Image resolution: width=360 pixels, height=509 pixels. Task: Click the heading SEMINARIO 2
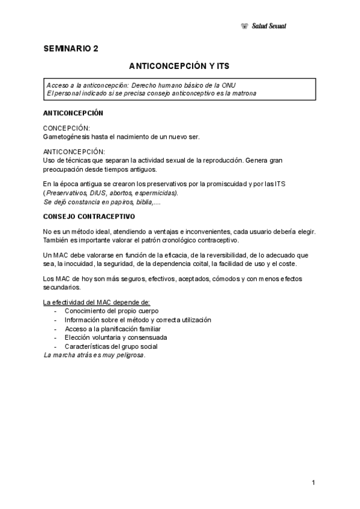pyautogui.click(x=71, y=49)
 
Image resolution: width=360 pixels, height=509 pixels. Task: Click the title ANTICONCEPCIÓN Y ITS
pyautogui.click(x=179, y=65)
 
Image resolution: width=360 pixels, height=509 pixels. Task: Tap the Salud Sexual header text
pyautogui.click(x=269, y=26)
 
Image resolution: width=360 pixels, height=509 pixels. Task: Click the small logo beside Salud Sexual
pyautogui.click(x=244, y=26)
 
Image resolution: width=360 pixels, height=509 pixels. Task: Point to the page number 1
pyautogui.click(x=314, y=483)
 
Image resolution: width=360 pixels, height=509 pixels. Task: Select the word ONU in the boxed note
pyautogui.click(x=236, y=85)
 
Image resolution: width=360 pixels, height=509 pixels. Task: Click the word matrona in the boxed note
pyautogui.click(x=242, y=93)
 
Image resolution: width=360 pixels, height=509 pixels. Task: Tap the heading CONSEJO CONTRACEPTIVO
pyautogui.click(x=89, y=216)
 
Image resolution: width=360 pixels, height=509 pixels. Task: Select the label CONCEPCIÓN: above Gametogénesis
pyautogui.click(x=67, y=128)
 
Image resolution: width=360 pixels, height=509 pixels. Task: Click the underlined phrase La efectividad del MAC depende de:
pyautogui.click(x=97, y=302)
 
